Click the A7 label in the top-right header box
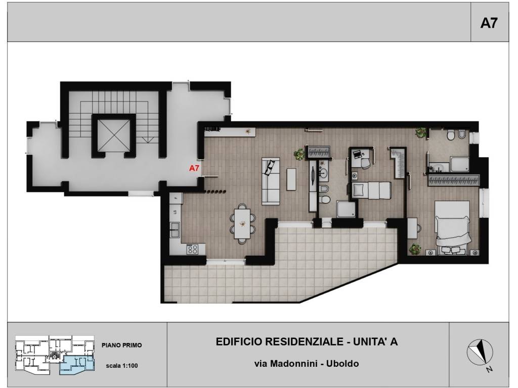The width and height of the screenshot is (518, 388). point(489,23)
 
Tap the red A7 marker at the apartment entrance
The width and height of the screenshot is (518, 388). point(194,168)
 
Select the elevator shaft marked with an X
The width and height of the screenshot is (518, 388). point(114,135)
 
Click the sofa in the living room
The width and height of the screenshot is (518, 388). point(271,181)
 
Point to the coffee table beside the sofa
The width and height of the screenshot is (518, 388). point(291,179)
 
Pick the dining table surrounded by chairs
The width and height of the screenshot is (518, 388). point(242,224)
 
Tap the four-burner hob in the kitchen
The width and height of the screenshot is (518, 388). point(192,249)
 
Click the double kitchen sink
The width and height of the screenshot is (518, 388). point(175,230)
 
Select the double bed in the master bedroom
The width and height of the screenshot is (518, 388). point(452,228)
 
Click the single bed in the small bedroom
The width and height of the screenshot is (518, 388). point(371,190)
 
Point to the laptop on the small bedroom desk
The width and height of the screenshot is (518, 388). point(357,154)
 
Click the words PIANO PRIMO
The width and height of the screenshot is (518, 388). point(121,345)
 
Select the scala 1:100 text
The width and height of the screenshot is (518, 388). point(121,366)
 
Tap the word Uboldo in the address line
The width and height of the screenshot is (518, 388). point(342,364)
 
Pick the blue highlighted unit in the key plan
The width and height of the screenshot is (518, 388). point(77,365)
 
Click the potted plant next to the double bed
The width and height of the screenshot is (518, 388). point(414,249)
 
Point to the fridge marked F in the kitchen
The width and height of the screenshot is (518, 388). point(176,198)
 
